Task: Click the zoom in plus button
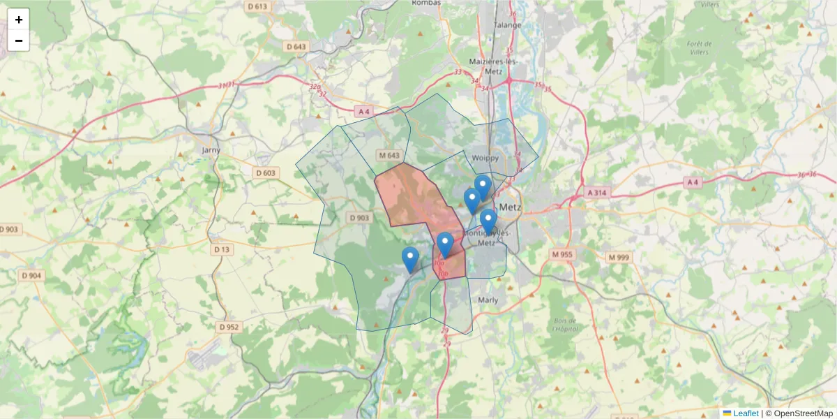19,20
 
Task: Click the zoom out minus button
19,41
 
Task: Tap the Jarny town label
210,149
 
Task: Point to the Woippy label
485,157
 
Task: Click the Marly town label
488,300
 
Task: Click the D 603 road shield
266,172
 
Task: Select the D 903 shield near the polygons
359,218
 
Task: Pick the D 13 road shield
222,249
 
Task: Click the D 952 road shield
228,327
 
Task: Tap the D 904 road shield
31,276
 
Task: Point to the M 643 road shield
389,155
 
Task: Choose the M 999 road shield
618,258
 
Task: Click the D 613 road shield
257,6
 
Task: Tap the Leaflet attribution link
745,413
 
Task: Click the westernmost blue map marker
411,259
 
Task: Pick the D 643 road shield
296,46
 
